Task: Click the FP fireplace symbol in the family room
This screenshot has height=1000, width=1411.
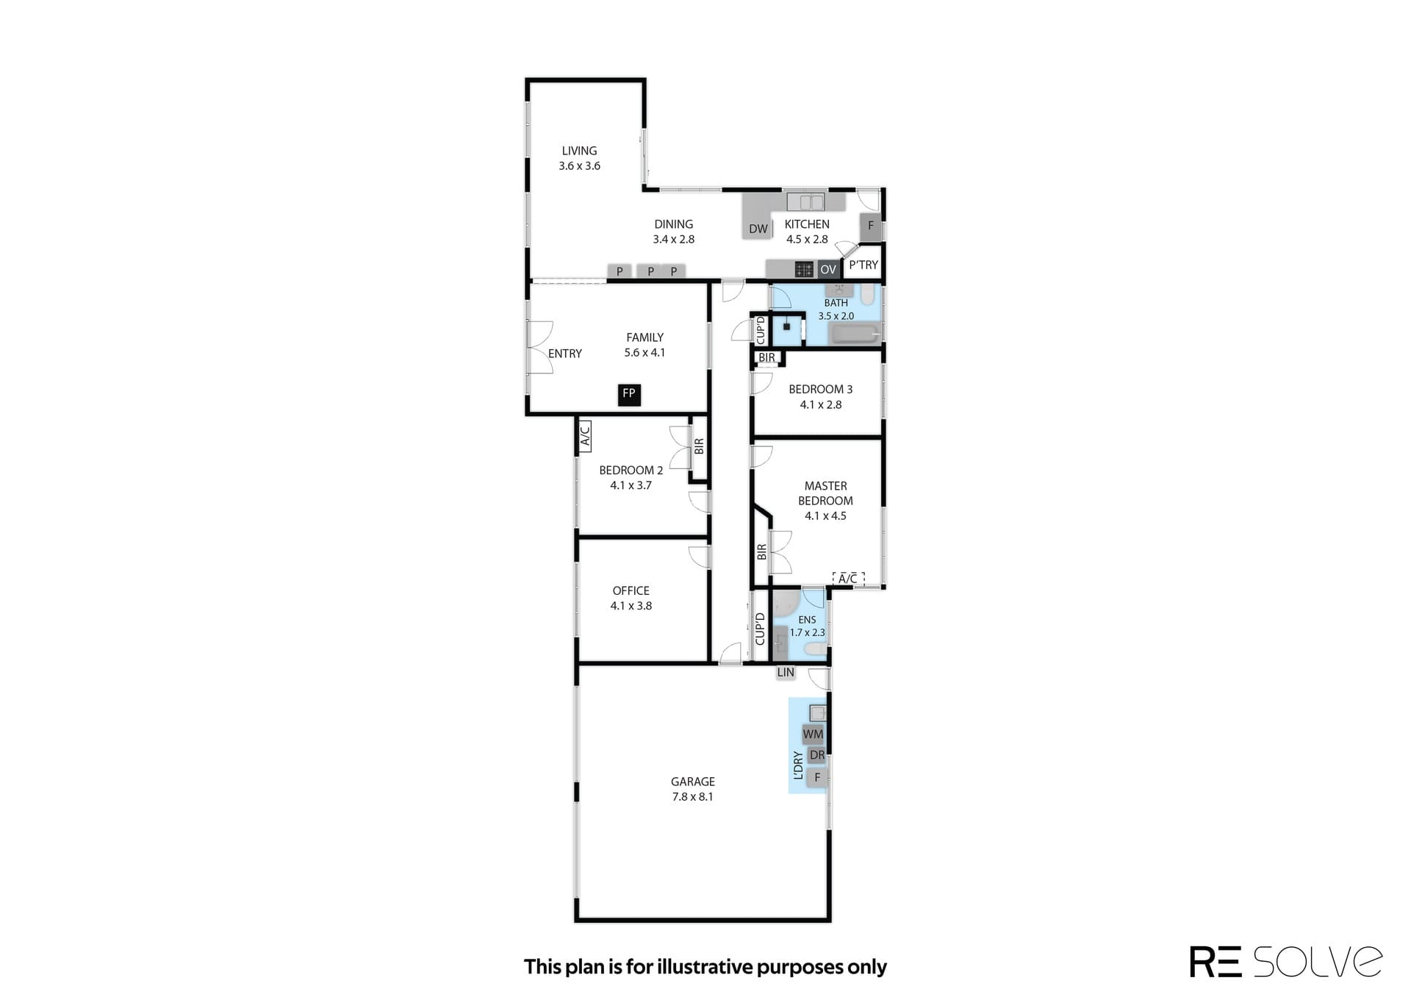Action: [628, 394]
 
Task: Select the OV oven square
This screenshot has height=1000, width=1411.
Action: [828, 270]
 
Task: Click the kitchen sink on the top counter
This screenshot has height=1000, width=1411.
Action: [805, 201]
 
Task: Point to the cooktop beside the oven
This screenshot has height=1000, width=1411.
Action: [804, 270]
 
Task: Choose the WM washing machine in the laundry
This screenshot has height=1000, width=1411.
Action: [814, 734]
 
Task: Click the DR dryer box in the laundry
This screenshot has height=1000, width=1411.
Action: [816, 755]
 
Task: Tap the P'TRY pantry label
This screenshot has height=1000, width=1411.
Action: [864, 265]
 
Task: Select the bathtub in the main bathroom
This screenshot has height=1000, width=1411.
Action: [855, 335]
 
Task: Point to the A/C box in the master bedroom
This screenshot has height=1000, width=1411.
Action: [848, 579]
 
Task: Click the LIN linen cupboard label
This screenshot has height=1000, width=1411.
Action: [786, 672]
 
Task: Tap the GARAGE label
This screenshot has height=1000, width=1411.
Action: [692, 782]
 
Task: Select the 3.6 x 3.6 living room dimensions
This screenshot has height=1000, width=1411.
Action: [579, 166]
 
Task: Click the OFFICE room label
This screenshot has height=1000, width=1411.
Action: [631, 590]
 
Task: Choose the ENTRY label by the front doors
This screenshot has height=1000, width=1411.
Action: [564, 354]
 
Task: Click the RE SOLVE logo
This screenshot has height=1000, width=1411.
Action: [1286, 962]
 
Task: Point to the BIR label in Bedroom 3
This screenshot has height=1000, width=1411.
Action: [766, 358]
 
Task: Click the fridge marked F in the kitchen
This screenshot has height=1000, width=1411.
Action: [871, 226]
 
